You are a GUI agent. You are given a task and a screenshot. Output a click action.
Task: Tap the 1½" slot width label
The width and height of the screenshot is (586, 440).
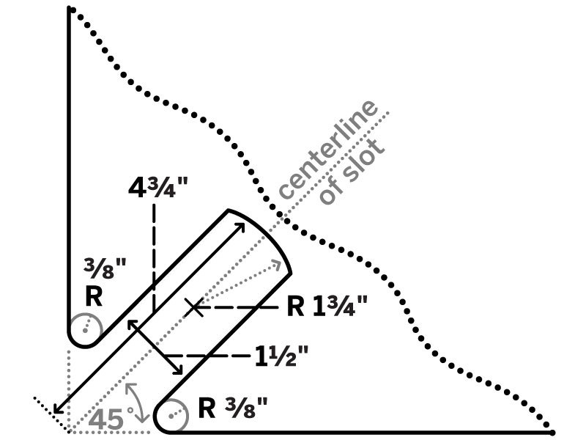pos(281,356)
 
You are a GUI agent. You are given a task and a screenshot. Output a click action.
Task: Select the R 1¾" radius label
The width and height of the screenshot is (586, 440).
pos(327,306)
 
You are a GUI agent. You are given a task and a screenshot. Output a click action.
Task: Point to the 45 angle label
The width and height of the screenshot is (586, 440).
pos(106,419)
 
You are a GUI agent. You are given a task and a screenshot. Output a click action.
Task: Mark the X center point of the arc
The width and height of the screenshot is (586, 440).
pos(194,307)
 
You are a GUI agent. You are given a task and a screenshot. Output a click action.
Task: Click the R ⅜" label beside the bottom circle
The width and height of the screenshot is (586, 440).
pos(233,408)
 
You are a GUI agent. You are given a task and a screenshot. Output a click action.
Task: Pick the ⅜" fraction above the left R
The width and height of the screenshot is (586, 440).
pos(104,268)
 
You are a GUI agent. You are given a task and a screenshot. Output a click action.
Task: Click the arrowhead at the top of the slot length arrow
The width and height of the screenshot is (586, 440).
pos(240,227)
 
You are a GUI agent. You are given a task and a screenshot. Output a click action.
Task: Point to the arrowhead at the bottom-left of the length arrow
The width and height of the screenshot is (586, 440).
pos(58,409)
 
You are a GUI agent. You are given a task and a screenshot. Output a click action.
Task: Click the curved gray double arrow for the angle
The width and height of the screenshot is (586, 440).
pos(137,401)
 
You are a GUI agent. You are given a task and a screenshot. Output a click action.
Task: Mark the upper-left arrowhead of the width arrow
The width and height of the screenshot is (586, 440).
pos(132,324)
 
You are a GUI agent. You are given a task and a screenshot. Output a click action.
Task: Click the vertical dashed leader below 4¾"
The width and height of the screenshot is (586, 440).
pos(153,258)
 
